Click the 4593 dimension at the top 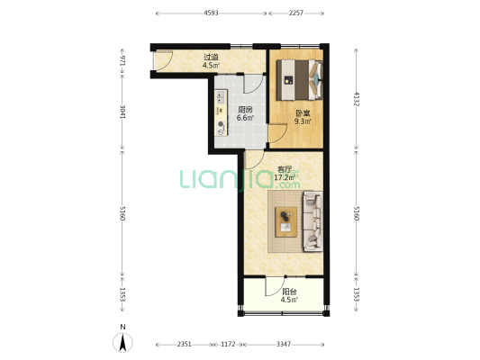(x=212, y=13)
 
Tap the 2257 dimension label (x=296, y=13)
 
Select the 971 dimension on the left (x=122, y=61)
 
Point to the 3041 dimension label (x=122, y=112)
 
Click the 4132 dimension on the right (x=357, y=98)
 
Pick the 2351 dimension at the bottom (x=185, y=344)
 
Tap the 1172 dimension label (x=228, y=344)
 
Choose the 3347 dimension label (x=284, y=344)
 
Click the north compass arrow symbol (x=122, y=342)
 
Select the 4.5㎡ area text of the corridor (x=211, y=65)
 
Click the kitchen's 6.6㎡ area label (x=245, y=118)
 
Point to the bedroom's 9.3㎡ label (x=303, y=121)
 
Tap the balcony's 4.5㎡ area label (x=289, y=300)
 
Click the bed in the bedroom (x=299, y=80)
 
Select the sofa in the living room (x=312, y=221)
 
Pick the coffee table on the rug (x=285, y=222)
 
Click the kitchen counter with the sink (x=222, y=112)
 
